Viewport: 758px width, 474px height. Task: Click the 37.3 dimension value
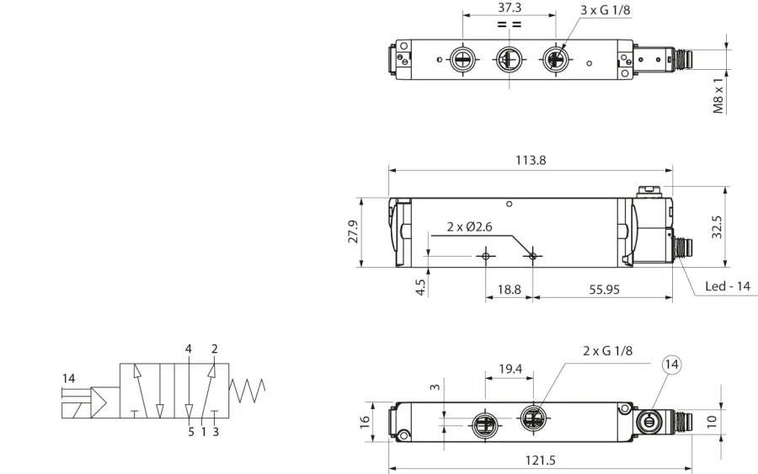pos(510,8)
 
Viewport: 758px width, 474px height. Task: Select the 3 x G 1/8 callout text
pos(606,9)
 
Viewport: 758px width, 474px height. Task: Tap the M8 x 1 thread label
pos(719,96)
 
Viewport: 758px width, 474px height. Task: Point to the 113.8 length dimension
pos(531,160)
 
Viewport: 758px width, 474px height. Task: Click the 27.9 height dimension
pos(354,232)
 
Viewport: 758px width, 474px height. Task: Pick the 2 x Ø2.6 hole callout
pos(469,226)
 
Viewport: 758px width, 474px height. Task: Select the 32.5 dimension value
pos(717,227)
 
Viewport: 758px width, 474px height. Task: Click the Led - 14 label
pos(728,286)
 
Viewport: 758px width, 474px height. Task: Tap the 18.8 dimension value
pos(510,290)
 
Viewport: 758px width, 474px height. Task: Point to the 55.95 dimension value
pos(604,290)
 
